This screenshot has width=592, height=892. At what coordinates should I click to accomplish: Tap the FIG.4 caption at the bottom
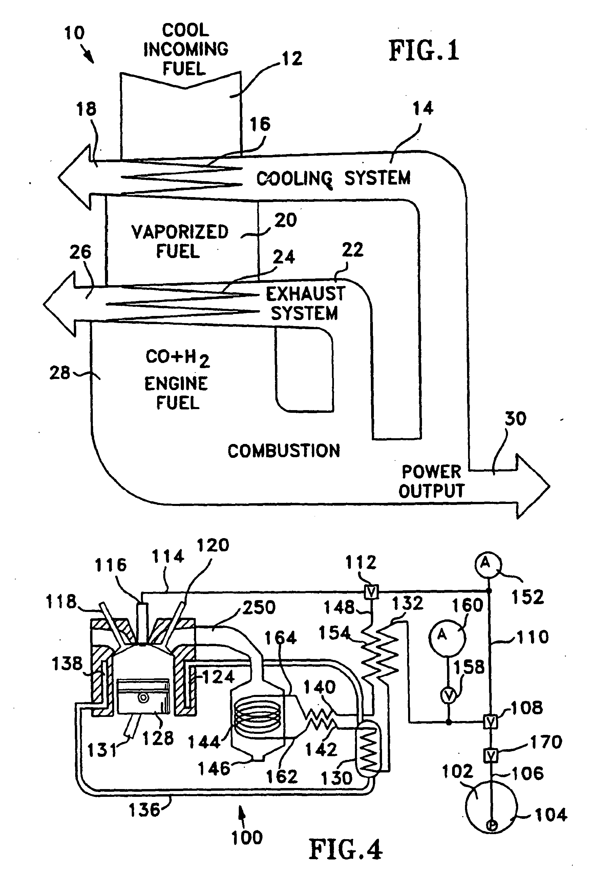[x=345, y=849]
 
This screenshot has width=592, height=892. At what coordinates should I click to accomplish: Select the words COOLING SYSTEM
[x=333, y=178]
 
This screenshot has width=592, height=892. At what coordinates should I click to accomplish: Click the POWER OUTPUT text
[x=431, y=481]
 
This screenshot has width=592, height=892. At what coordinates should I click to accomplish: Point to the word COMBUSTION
[x=283, y=451]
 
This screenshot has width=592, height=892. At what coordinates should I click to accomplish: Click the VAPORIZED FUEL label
[x=179, y=241]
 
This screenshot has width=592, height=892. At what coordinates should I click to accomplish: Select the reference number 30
[x=515, y=419]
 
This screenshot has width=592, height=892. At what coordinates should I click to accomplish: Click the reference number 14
[x=423, y=109]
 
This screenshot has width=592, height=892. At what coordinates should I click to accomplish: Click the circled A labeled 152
[x=488, y=564]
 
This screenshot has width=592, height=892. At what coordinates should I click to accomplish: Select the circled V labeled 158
[x=449, y=695]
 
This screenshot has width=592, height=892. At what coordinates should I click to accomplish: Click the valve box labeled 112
[x=371, y=592]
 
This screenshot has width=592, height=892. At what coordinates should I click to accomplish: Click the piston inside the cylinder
[x=143, y=697]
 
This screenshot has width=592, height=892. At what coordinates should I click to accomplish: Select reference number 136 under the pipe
[x=145, y=810]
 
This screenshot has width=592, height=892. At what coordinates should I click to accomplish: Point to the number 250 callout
[x=259, y=608]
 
